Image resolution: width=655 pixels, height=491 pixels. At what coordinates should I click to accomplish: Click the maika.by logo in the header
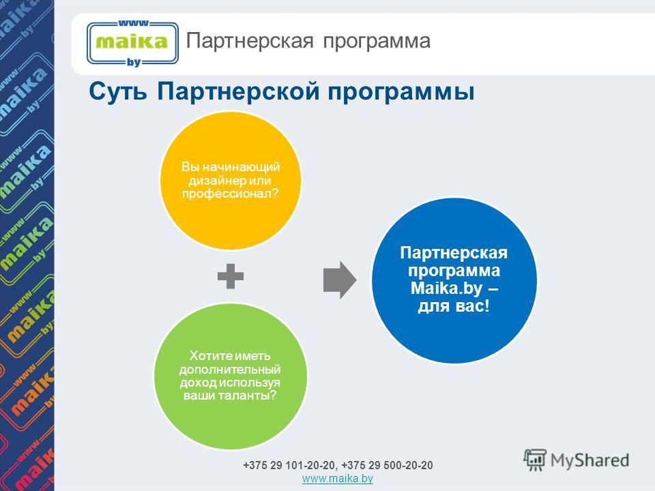pos(132,43)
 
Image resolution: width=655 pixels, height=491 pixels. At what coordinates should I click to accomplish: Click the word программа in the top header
pos(377,42)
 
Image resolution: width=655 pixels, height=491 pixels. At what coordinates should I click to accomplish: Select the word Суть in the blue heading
pos(118,91)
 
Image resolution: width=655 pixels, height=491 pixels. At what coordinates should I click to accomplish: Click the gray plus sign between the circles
pos(231,276)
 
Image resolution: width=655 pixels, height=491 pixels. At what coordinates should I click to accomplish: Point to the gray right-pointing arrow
pos(340,280)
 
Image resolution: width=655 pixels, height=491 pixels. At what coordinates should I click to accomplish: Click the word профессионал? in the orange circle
pos(230,194)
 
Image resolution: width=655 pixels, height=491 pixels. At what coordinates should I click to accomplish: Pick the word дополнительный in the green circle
pos(230,370)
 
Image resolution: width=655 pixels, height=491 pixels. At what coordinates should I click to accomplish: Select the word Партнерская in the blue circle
pos(454,253)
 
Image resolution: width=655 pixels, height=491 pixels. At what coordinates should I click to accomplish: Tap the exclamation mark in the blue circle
pos(486,306)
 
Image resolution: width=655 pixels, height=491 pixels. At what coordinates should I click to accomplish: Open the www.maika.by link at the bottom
pos(338,479)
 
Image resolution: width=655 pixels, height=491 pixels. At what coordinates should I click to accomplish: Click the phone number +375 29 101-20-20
pos(289,465)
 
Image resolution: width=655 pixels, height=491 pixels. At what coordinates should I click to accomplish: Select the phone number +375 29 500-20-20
pos(388,465)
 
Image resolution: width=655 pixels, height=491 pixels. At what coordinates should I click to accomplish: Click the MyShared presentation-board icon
pos(535,460)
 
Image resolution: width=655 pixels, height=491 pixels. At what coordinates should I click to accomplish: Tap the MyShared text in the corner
pos(589,460)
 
